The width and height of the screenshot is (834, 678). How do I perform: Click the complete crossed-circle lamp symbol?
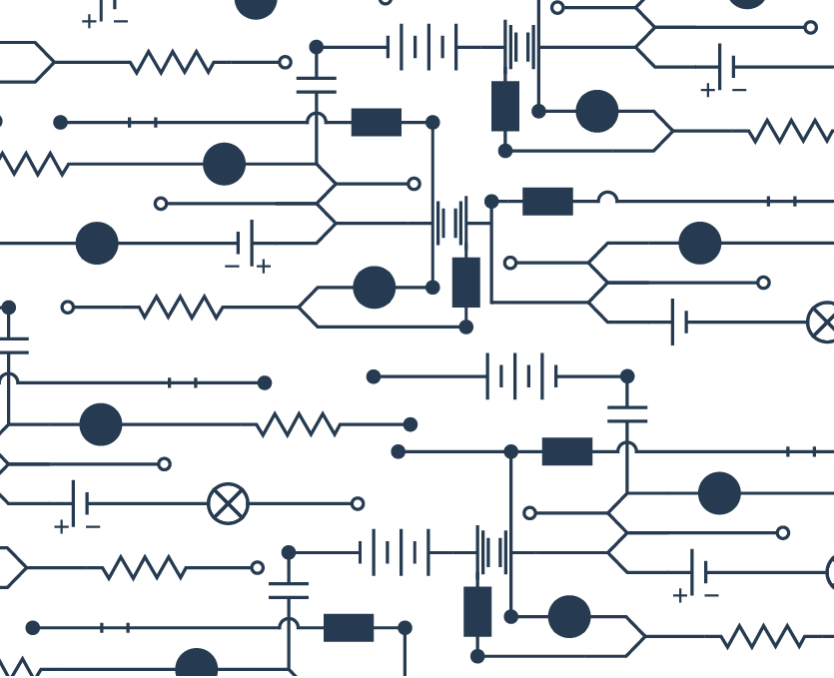(228, 503)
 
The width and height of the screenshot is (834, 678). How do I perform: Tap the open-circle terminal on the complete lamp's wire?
(358, 503)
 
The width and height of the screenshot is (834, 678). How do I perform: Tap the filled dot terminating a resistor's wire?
(410, 424)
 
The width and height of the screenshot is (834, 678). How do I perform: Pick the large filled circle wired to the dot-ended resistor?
(100, 424)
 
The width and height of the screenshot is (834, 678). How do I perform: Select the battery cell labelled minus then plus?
(247, 243)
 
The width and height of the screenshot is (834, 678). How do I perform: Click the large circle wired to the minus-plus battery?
(97, 243)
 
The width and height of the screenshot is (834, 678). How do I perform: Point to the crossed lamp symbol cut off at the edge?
(822, 322)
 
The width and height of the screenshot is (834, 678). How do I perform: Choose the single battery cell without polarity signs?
(680, 322)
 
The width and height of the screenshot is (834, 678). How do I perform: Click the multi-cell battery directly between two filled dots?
(521, 376)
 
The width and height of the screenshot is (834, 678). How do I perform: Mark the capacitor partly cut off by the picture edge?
(12, 345)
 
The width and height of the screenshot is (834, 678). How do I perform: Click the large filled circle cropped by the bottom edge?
(197, 665)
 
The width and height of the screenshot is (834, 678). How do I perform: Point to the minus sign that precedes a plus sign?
(232, 267)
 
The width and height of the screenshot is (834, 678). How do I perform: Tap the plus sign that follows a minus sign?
(263, 267)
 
